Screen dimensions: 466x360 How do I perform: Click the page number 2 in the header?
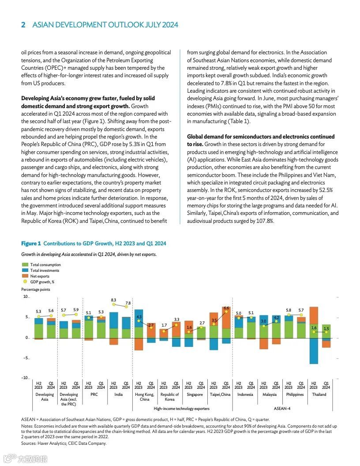click(x=23, y=25)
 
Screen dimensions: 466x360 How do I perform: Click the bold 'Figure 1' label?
click(x=31, y=244)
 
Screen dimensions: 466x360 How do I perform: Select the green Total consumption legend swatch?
click(x=25, y=265)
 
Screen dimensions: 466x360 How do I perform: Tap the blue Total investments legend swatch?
click(x=25, y=271)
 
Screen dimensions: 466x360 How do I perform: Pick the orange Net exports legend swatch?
click(x=25, y=276)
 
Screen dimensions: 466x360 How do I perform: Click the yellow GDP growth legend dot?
click(x=25, y=282)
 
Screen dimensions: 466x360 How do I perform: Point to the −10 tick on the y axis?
click(x=25, y=378)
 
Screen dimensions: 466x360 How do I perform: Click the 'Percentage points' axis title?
click(x=36, y=289)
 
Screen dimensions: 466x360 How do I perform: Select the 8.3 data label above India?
click(x=113, y=300)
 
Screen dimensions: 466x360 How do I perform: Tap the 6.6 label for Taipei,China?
click(x=226, y=308)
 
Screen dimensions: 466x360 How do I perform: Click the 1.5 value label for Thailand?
click(x=326, y=329)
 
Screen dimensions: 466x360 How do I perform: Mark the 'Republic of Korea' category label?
click(x=170, y=397)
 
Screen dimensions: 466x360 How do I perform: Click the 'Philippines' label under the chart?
click(x=295, y=395)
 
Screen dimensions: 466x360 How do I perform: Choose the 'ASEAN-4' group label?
click(x=282, y=409)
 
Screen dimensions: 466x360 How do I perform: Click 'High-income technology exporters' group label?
click(x=181, y=409)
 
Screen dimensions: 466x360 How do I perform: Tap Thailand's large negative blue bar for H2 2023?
click(x=314, y=351)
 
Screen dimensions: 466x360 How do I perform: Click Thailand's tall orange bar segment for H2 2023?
click(x=314, y=316)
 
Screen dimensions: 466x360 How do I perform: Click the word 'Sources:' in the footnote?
click(x=29, y=443)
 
